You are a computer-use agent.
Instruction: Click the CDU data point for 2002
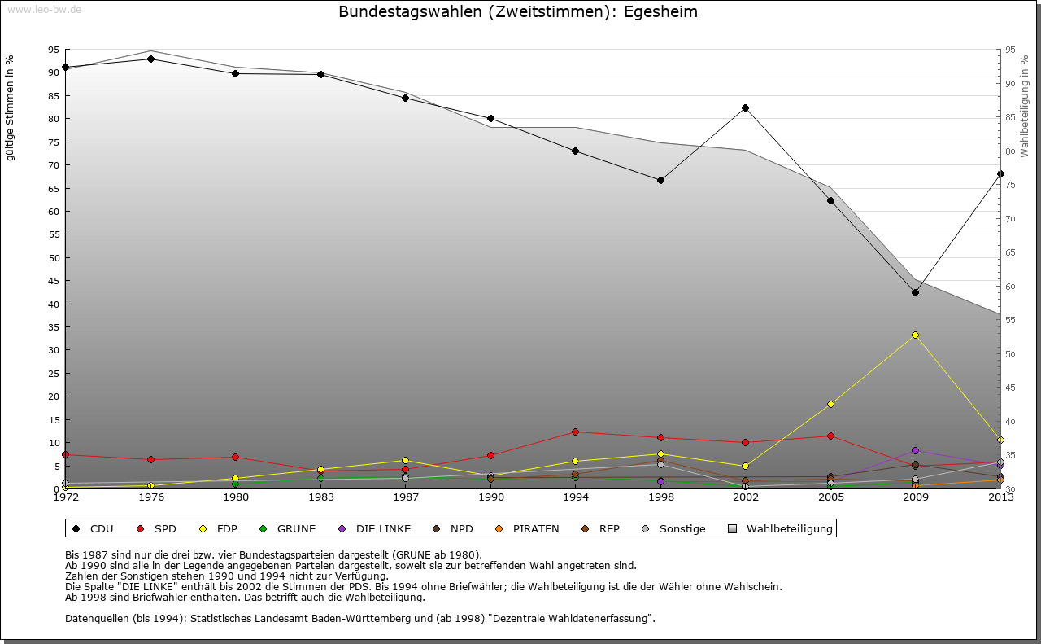pyautogui.click(x=745, y=108)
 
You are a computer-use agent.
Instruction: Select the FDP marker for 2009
pyautogui.click(x=915, y=335)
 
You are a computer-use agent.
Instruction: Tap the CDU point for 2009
pyautogui.click(x=915, y=292)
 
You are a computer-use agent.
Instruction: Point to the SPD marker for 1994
pyautogui.click(x=575, y=432)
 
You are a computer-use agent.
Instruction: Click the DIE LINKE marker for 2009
pyautogui.click(x=915, y=450)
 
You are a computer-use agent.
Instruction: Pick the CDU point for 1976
pyautogui.click(x=150, y=59)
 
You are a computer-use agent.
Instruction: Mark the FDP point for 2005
pyautogui.click(x=830, y=404)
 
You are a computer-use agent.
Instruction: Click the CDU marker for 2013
pyautogui.click(x=1000, y=173)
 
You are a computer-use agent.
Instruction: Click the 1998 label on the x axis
pyautogui.click(x=660, y=497)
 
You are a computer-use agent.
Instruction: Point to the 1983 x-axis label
pyautogui.click(x=320, y=497)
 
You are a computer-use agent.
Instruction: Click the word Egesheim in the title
pyautogui.click(x=661, y=12)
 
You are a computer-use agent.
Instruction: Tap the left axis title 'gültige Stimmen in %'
pyautogui.click(x=11, y=107)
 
